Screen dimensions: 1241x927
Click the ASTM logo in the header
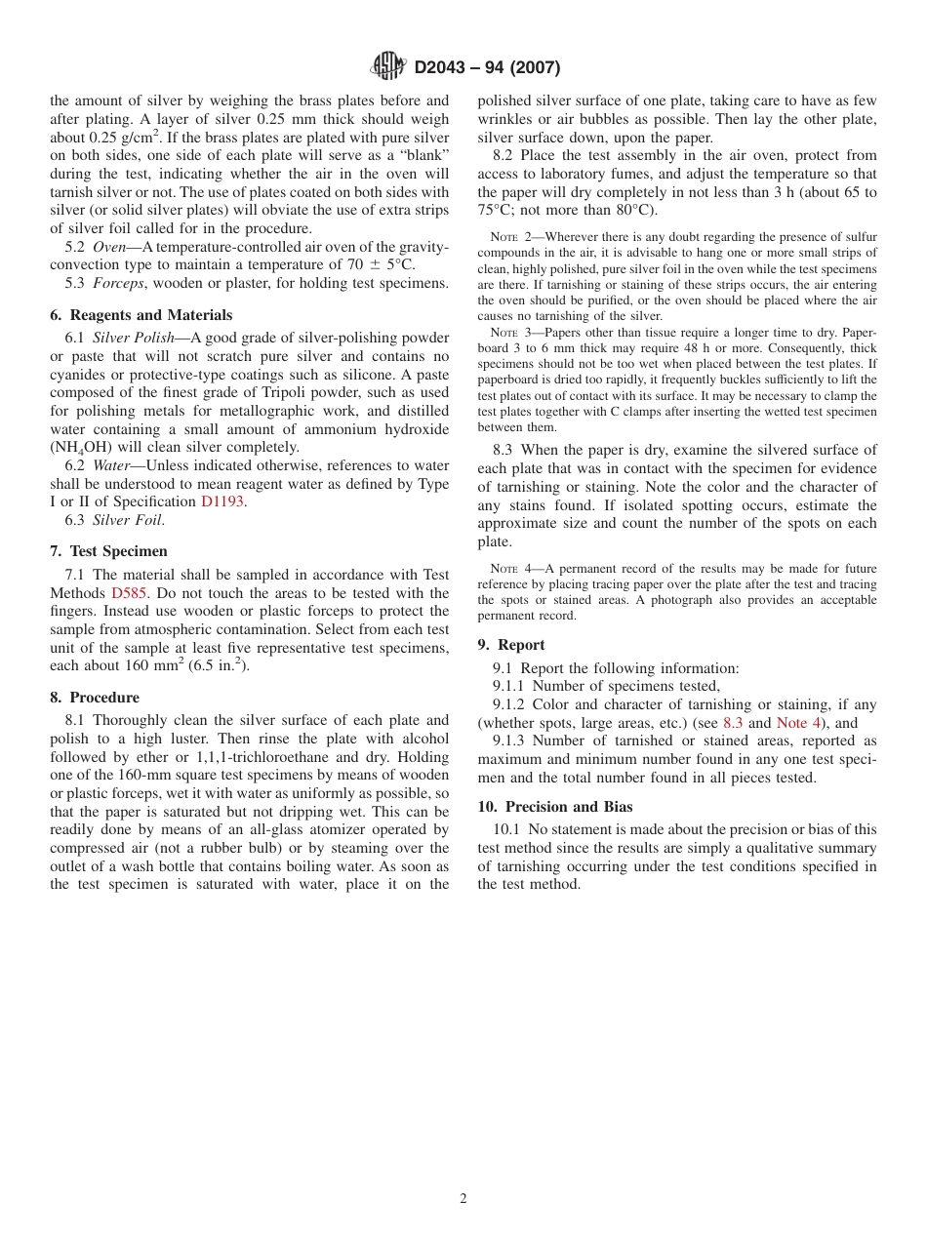pos(387,66)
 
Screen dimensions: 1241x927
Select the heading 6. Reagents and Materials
pos(141,315)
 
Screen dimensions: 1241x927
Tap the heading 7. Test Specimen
pos(108,551)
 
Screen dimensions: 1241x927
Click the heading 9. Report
pos(511,645)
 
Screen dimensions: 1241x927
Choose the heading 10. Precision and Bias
pos(554,807)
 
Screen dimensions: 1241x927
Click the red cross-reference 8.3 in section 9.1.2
pos(733,723)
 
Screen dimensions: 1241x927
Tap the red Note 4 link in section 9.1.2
pos(798,723)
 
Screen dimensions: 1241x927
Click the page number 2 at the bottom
pos(463,1199)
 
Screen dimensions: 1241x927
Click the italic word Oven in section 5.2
pos(110,247)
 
